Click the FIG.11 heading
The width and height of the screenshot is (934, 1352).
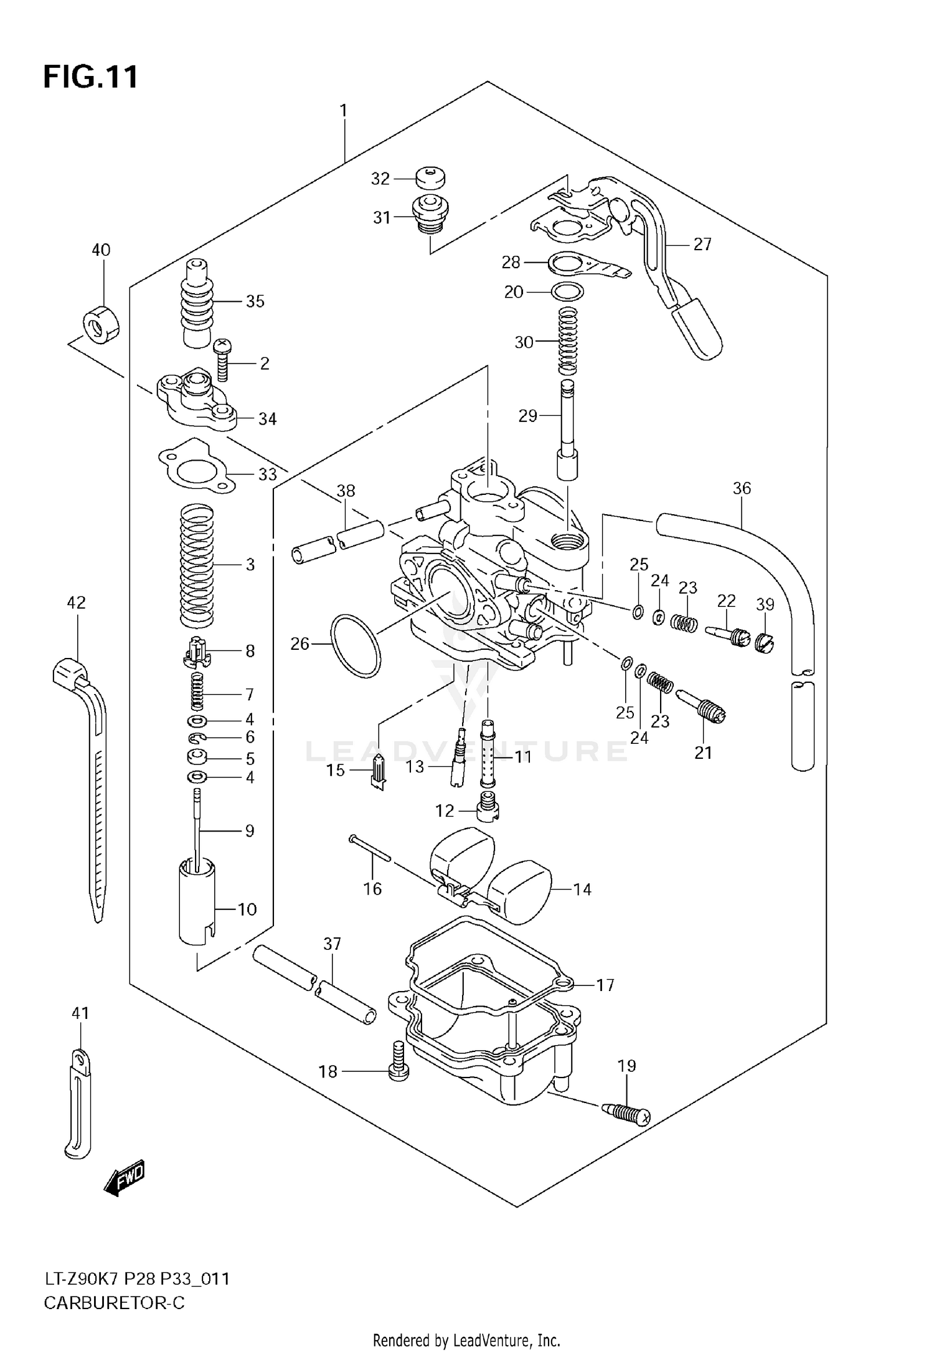[91, 77]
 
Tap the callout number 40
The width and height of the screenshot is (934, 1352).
[101, 250]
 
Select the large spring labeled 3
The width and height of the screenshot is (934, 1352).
[197, 565]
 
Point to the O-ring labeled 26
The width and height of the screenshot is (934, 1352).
[355, 645]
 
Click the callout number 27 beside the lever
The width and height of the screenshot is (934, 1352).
[702, 245]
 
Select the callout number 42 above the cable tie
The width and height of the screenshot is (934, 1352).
[76, 603]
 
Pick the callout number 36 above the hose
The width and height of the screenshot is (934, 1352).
[742, 489]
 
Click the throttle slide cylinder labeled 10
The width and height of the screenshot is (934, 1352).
[197, 910]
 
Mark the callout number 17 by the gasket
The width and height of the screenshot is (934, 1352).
[605, 985]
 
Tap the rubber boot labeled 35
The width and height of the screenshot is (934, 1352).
[200, 302]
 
